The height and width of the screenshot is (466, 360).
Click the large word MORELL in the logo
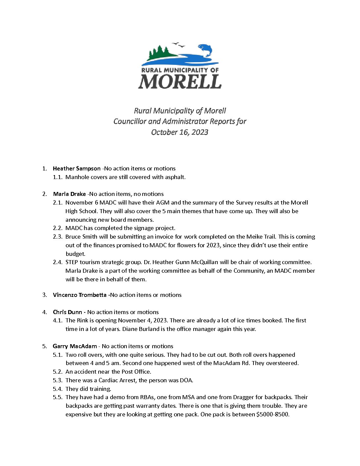pyautogui.click(x=180, y=81)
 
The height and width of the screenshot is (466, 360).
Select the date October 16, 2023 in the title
pyautogui.click(x=180, y=132)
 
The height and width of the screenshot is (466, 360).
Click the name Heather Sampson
pyautogui.click(x=76, y=168)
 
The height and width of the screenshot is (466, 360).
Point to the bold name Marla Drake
pyautogui.click(x=69, y=194)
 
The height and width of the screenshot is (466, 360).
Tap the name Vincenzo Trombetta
pyautogui.click(x=79, y=295)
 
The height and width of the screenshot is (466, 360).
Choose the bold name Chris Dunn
pyautogui.click(x=67, y=312)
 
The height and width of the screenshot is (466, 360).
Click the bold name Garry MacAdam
pyautogui.click(x=75, y=346)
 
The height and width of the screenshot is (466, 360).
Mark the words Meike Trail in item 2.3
pyautogui.click(x=261, y=237)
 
